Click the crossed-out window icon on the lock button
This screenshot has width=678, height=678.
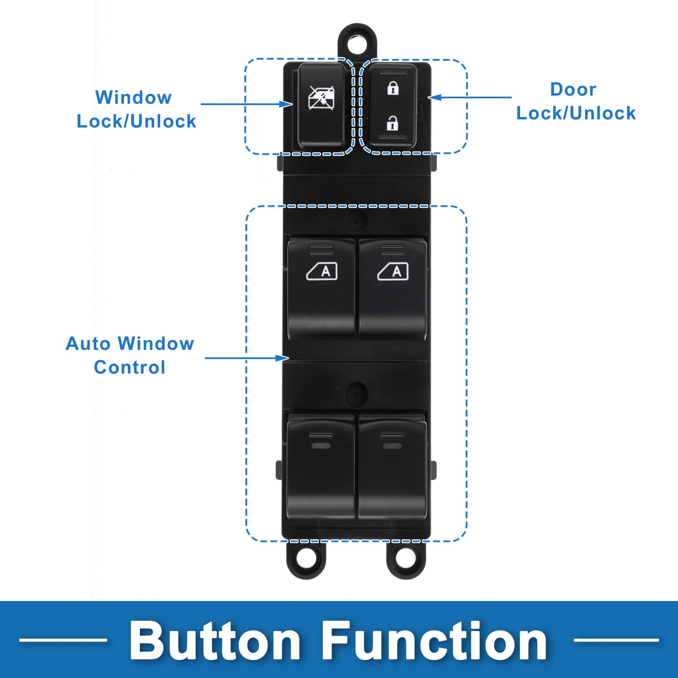pyautogui.click(x=321, y=97)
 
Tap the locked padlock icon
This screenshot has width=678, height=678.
pyautogui.click(x=393, y=88)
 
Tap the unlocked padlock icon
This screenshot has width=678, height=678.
pyautogui.click(x=393, y=123)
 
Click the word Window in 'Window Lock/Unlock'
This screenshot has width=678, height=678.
pyautogui.click(x=133, y=98)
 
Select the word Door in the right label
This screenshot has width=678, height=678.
pyautogui.click(x=573, y=89)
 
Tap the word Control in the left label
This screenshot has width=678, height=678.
pyautogui.click(x=130, y=368)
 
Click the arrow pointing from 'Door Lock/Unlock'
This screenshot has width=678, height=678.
pyautogui.click(x=470, y=98)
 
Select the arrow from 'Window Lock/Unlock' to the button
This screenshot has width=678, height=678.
pyautogui.click(x=247, y=104)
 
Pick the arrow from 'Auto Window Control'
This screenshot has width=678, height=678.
pyautogui.click(x=247, y=358)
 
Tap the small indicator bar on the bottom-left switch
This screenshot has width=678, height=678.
pyautogui.click(x=321, y=446)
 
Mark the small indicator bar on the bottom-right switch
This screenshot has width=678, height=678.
pyautogui.click(x=392, y=446)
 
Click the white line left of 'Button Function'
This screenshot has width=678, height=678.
pyautogui.click(x=63, y=640)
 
